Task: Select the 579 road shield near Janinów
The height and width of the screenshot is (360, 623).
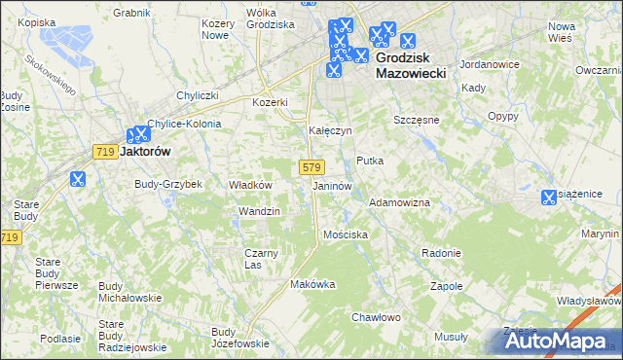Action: pos(311,167)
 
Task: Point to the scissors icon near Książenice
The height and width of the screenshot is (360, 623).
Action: pos(548,198)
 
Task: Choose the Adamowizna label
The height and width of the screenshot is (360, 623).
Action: pos(399,202)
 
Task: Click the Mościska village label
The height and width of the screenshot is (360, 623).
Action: pos(345,235)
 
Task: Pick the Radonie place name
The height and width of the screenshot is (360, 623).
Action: pos(441,253)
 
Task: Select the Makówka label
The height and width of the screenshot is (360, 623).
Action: pos(312,284)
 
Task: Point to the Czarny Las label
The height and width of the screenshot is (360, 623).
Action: pos(261,259)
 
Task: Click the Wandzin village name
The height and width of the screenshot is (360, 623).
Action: pos(259,211)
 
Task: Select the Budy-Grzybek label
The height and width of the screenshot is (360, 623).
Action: pos(167,184)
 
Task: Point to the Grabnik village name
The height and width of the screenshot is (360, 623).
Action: pos(131,13)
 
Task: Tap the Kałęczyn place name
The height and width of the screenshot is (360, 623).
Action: pos(330,129)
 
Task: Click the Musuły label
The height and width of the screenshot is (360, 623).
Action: pos(451,337)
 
